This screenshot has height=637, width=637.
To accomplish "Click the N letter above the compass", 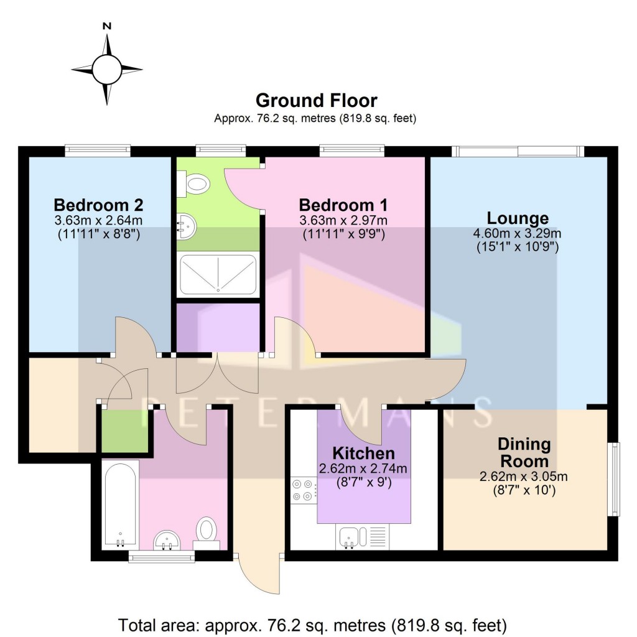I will coord(107,26).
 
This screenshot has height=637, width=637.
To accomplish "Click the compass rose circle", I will coord(107,68).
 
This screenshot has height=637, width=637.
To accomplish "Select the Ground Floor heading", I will coord(316,100).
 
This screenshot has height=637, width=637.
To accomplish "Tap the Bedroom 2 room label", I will coord(98,205).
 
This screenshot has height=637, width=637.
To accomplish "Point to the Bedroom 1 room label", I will coord(343,205).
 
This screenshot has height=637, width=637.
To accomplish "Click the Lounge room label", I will coord(518,218).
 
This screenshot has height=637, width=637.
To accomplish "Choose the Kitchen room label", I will coord(363,453).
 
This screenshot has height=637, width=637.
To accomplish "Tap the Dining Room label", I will coord(524,453).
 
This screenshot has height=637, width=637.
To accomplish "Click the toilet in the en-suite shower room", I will coord(195,183).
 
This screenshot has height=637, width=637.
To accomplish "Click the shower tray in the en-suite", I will coord(218,274).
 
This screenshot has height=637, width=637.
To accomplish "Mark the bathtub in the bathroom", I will coord(120,504).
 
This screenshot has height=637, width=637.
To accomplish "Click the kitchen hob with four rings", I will coord(303,489).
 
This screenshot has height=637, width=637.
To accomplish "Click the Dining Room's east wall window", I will coord(613,478).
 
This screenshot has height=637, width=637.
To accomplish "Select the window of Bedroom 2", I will coord(98,150).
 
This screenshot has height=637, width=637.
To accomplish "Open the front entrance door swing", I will coord(259,575).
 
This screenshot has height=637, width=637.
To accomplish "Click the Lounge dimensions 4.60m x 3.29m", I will coord(518,234).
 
